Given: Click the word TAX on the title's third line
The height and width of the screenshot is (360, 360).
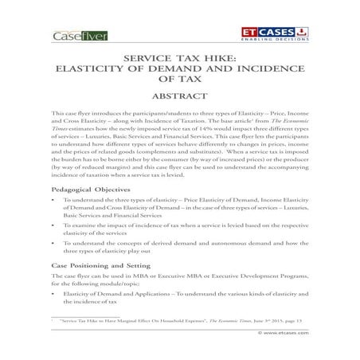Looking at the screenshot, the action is [180, 81].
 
